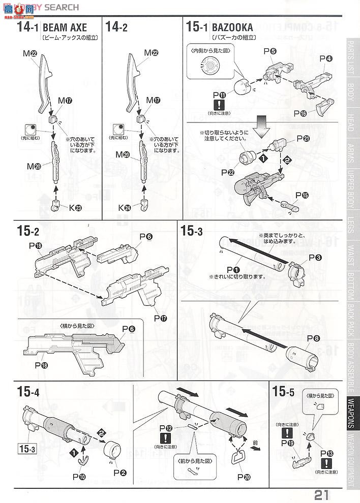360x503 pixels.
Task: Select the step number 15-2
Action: tap(28, 231)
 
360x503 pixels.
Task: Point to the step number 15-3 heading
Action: tap(192, 231)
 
